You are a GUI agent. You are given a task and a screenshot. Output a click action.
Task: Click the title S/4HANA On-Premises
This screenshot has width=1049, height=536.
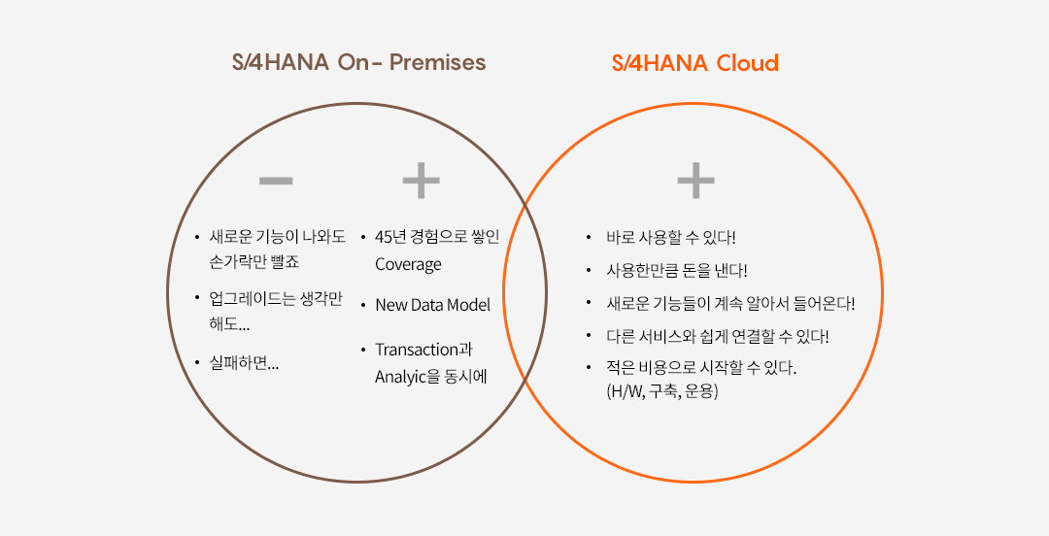click(x=358, y=62)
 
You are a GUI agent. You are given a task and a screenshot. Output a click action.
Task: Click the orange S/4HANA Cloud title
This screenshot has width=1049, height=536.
click(x=695, y=63)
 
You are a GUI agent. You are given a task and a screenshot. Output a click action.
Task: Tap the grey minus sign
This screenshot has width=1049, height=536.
click(x=276, y=181)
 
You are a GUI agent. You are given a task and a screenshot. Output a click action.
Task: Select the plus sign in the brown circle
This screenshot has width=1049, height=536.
click(x=421, y=181)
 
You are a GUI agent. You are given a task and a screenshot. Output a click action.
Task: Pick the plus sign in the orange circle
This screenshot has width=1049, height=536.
click(x=695, y=181)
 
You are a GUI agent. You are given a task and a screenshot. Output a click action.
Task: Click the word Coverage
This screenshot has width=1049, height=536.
click(x=408, y=264)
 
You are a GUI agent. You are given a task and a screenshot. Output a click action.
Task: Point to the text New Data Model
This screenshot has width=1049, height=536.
click(x=433, y=305)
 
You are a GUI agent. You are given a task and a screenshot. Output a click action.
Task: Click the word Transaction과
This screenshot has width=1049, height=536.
click(x=424, y=350)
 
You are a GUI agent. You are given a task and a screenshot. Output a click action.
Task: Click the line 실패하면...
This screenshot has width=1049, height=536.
click(x=244, y=363)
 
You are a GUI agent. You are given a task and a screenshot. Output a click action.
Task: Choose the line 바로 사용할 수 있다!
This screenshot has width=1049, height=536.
click(x=671, y=238)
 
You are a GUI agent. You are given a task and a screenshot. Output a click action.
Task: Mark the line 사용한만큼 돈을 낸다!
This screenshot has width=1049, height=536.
click(x=677, y=271)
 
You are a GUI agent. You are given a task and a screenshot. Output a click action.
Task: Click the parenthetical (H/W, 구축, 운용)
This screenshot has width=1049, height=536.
click(x=662, y=391)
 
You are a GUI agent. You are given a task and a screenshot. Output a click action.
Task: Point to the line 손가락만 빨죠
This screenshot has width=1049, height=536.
click(x=254, y=261)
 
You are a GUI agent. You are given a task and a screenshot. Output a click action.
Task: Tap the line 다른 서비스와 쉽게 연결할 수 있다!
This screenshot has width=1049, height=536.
click(x=718, y=337)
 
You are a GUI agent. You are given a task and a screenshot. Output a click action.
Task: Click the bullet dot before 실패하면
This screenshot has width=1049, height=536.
click(x=197, y=363)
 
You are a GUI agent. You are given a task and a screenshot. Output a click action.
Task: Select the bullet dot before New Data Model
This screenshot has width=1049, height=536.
click(x=363, y=305)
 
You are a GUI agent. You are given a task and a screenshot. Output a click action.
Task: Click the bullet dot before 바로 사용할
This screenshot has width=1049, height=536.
click(x=589, y=238)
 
